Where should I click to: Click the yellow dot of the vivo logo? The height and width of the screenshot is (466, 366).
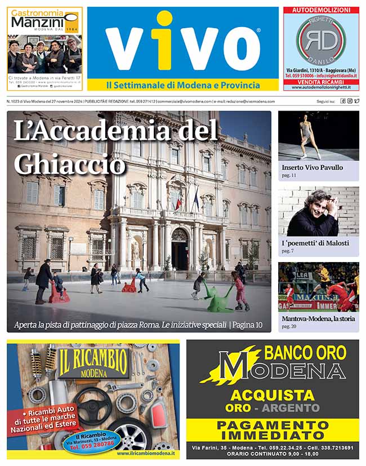[164, 18]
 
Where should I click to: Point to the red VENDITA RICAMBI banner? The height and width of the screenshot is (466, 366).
[321, 82]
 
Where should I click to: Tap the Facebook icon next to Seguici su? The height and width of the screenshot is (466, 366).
[342, 101]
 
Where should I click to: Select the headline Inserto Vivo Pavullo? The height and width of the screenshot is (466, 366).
[312, 167]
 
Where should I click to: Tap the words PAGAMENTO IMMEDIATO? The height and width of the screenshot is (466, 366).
[273, 429]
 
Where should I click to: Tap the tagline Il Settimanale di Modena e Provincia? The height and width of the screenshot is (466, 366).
[183, 85]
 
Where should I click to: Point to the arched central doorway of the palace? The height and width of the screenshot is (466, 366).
[180, 248]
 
